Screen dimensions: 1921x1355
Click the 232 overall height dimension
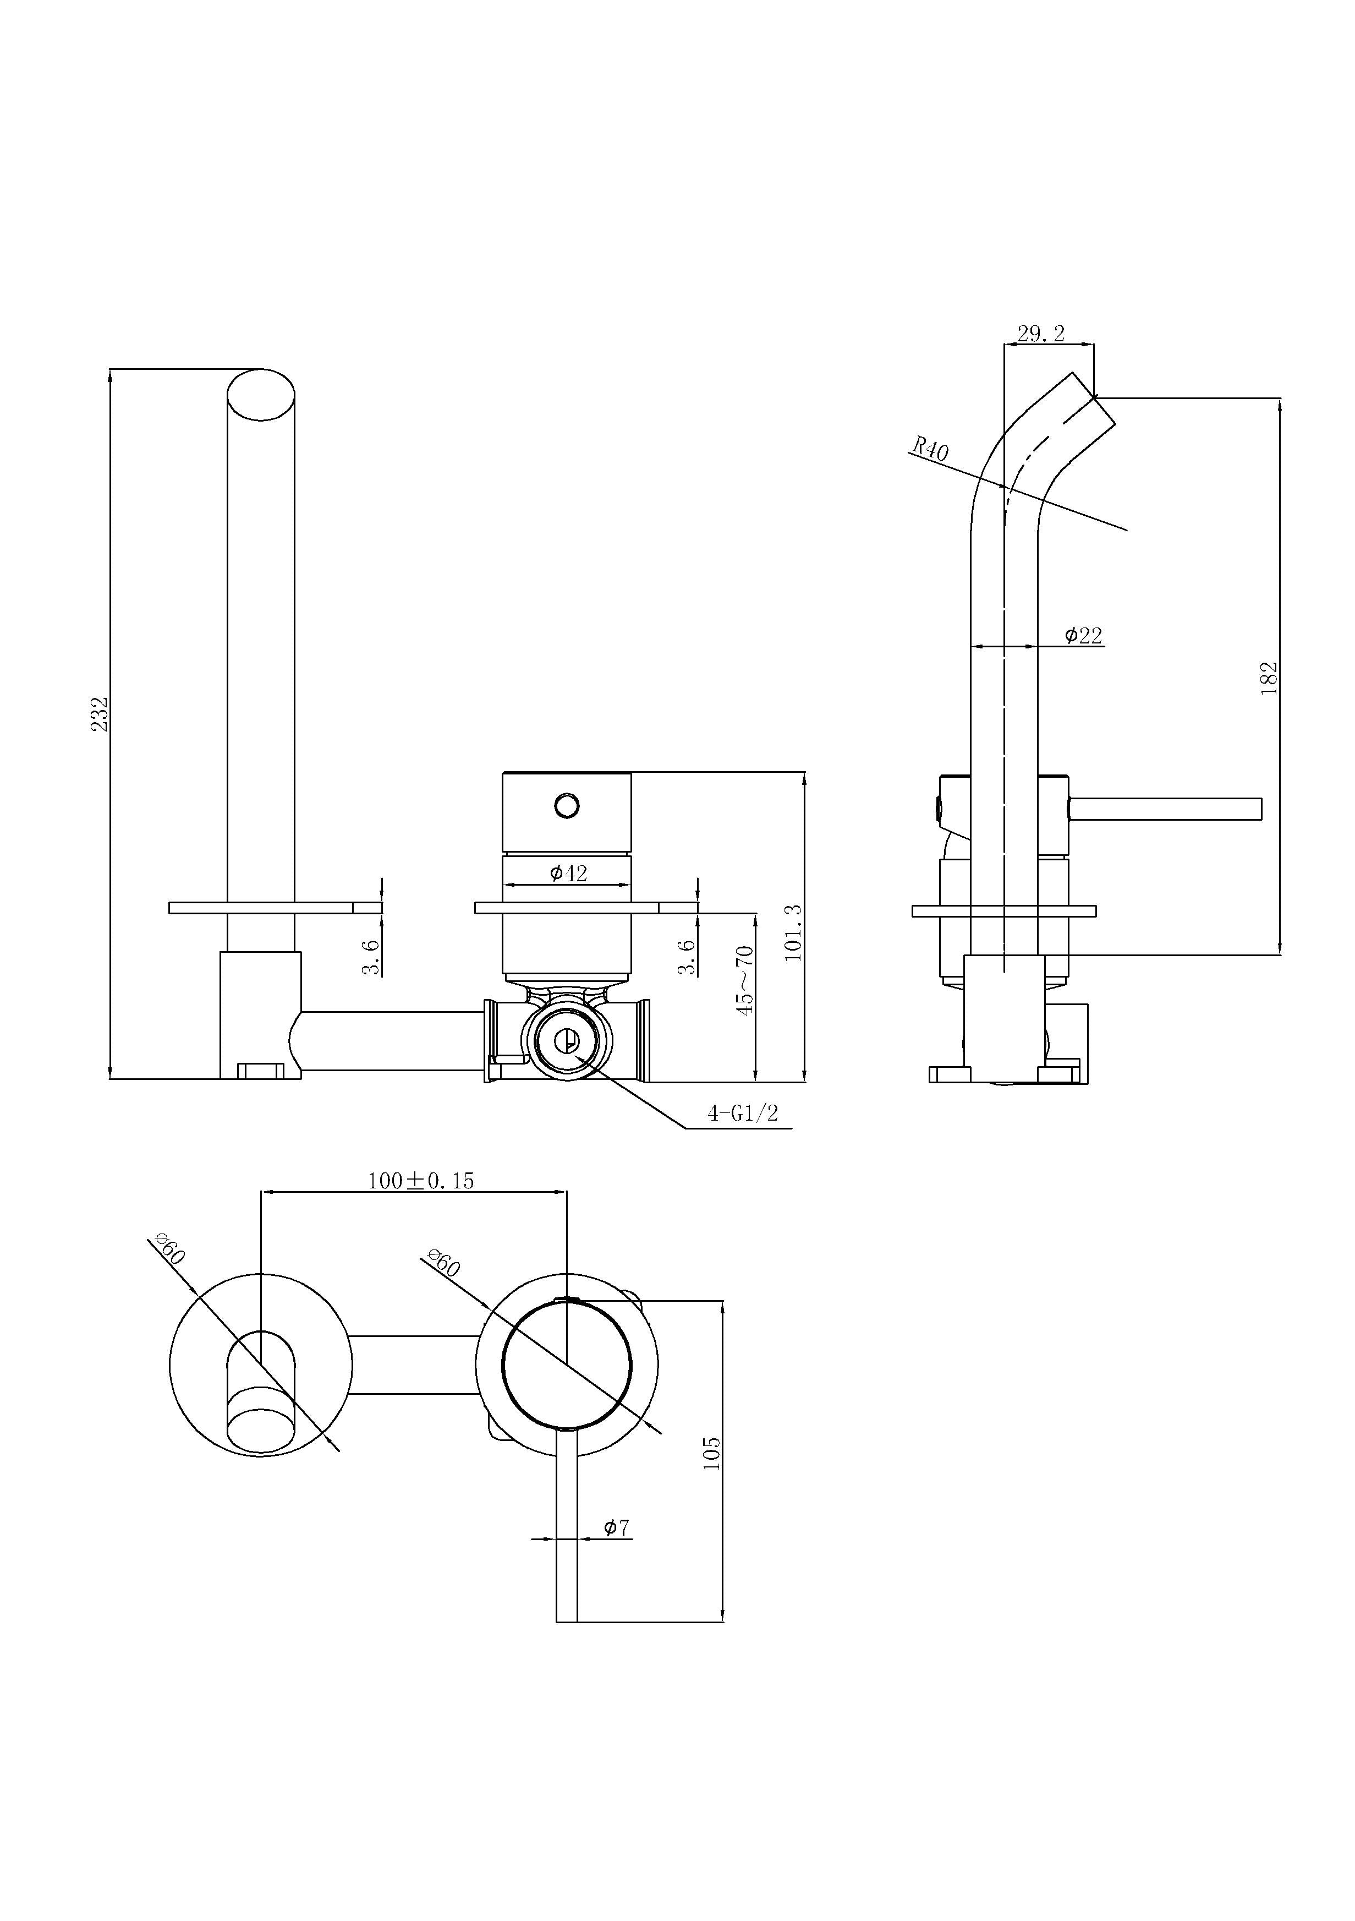100,714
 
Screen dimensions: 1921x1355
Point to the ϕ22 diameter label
1083,636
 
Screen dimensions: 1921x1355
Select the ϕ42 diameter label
569,874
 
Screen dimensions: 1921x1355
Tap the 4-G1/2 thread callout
743,1113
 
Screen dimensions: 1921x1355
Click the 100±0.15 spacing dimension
421,1181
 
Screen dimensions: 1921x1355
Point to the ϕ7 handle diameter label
617,1528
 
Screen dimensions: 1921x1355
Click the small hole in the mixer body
566,806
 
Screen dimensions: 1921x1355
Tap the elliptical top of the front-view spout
261,395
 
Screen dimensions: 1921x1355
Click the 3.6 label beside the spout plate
371,957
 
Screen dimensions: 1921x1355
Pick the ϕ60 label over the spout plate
170,1249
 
